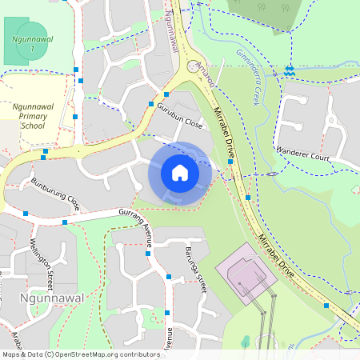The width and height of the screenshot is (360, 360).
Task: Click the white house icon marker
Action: point(179,173)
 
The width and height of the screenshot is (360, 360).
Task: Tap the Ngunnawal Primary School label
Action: point(33,115)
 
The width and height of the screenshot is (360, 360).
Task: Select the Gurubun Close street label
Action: point(179,116)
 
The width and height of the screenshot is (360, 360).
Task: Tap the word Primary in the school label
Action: point(33,115)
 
